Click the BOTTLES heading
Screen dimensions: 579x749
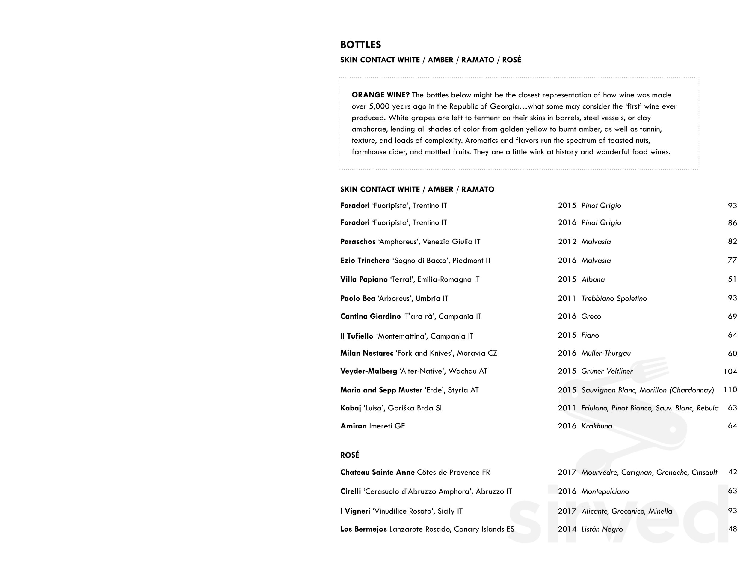pyautogui.click(x=360, y=45)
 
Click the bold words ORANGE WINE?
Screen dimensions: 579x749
pyautogui.click(x=380, y=95)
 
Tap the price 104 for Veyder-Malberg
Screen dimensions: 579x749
pyautogui.click(x=730, y=371)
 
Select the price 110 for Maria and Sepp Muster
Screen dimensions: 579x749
pyautogui.click(x=730, y=390)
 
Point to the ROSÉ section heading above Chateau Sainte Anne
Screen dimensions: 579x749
pyautogui.click(x=349, y=455)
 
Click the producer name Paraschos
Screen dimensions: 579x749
pyautogui.click(x=358, y=242)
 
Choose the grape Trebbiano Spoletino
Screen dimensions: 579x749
pyautogui.click(x=614, y=299)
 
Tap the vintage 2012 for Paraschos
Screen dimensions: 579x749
pyautogui.click(x=567, y=242)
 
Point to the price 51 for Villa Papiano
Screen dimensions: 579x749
pyautogui.click(x=732, y=279)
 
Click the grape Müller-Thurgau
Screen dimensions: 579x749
pyautogui.click(x=606, y=353)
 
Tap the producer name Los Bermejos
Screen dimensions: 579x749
pyautogui.click(x=363, y=529)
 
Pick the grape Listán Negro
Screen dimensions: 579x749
pyautogui.click(x=602, y=529)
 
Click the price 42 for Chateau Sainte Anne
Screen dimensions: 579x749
pyautogui.click(x=732, y=472)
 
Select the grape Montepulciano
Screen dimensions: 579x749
pyautogui.click(x=605, y=491)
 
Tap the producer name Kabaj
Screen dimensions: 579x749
pyautogui.click(x=351, y=408)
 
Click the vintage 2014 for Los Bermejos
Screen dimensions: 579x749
pyautogui.click(x=567, y=529)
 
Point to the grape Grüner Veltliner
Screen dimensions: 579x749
pyautogui.click(x=607, y=371)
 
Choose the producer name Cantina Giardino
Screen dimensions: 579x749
pyautogui.click(x=370, y=316)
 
